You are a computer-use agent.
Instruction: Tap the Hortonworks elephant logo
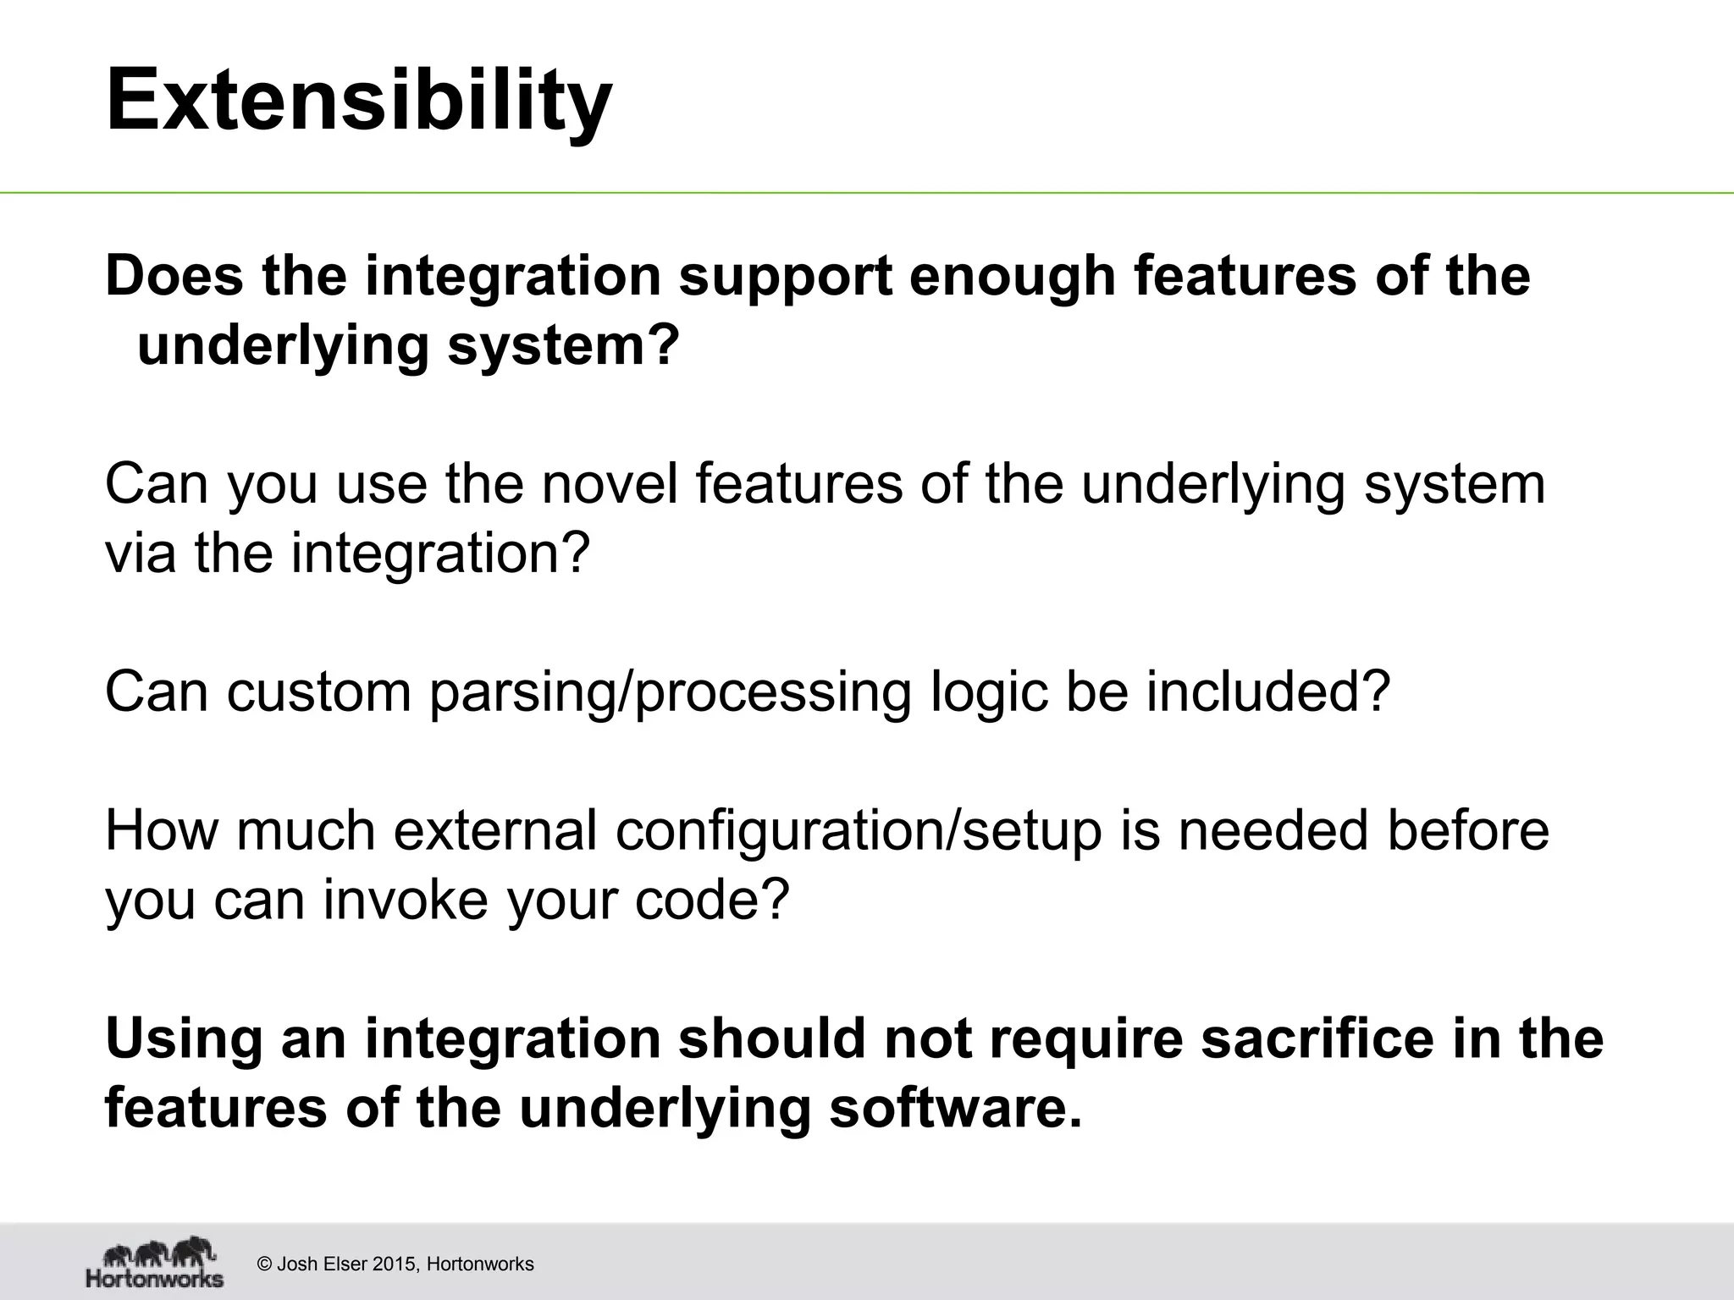(155, 1264)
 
